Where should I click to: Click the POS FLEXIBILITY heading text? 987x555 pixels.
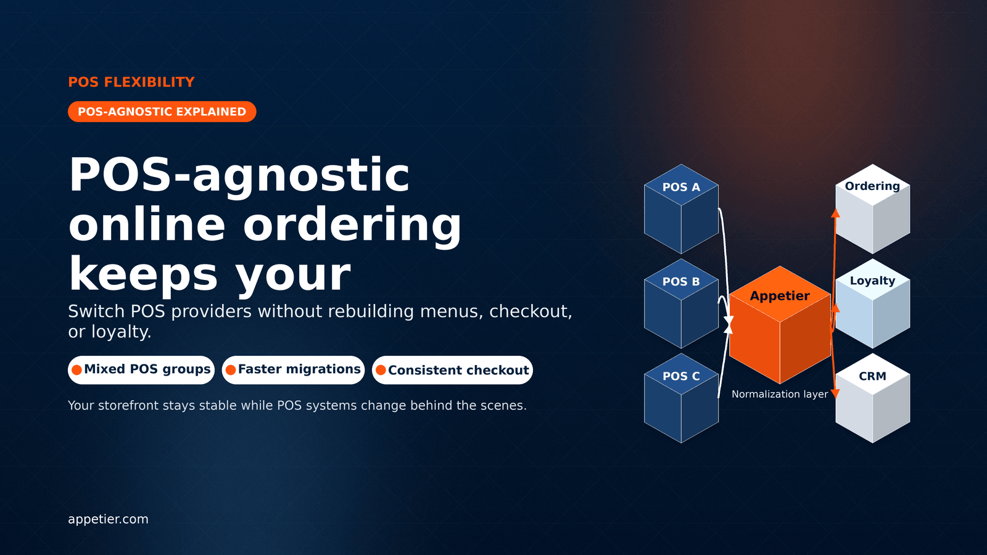point(131,82)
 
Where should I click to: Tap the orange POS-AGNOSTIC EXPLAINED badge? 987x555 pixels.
point(162,112)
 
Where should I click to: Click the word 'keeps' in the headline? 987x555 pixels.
point(143,274)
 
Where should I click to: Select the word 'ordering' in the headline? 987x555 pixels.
point(352,224)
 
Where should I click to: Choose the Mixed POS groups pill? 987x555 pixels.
point(141,370)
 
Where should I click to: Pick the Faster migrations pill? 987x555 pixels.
point(293,370)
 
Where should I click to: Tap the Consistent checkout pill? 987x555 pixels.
point(452,370)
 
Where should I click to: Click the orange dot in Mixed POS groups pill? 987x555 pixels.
point(76,370)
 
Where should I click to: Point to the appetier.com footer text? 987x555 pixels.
point(108,519)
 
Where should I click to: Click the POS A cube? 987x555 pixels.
point(681,209)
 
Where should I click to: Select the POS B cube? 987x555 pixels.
point(681,303)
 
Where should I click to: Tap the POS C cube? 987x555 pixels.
point(681,398)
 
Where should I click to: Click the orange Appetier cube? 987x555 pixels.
point(780,324)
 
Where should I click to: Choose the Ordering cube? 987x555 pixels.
point(872,209)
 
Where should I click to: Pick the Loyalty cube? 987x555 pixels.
point(872,303)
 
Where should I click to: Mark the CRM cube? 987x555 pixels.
point(872,398)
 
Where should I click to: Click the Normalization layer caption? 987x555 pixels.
point(780,394)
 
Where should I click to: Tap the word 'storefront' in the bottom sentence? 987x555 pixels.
point(123,405)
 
